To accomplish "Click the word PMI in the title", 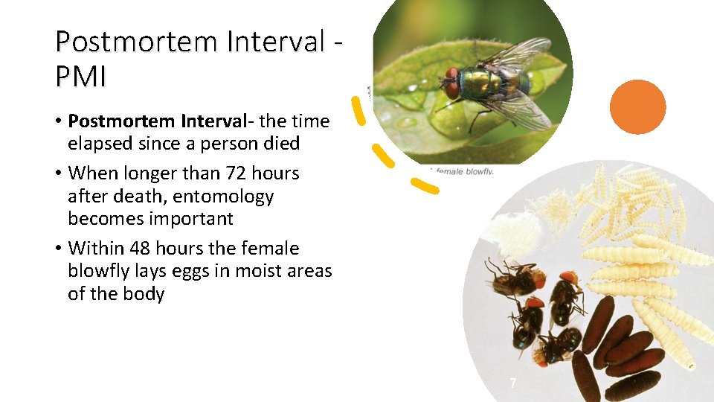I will pyautogui.click(x=80, y=77).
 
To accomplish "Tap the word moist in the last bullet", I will pyautogui.click(x=252, y=271).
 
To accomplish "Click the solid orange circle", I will pyautogui.click(x=638, y=106).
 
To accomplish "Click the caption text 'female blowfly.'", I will pyautogui.click(x=465, y=172).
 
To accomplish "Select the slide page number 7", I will pyautogui.click(x=512, y=383).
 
